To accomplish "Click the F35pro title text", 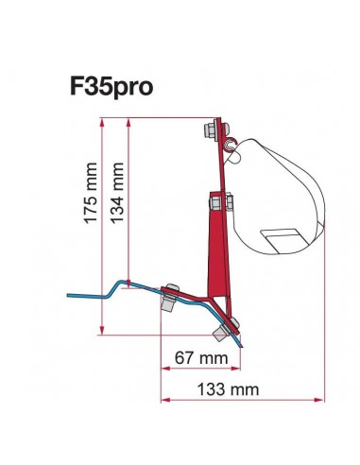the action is coord(111,86).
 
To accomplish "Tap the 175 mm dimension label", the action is coord(91,193).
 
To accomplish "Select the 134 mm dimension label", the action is coord(117,193).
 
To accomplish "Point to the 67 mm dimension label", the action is coord(201,358).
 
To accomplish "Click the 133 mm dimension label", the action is coord(228,389).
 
